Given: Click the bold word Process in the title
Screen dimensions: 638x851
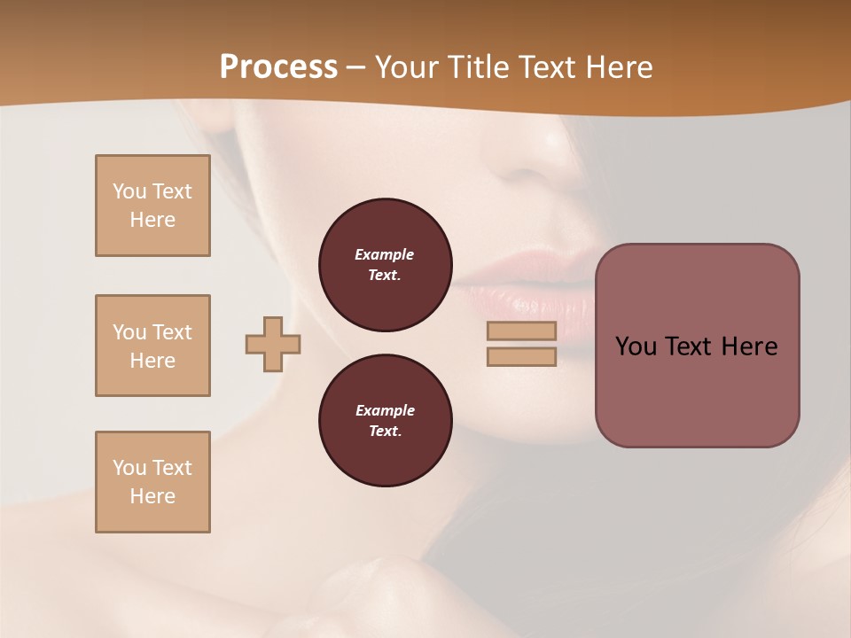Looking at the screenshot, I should tap(278, 66).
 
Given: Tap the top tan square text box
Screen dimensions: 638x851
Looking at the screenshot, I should tap(152, 206).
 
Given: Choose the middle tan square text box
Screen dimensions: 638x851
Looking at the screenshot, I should tap(152, 346).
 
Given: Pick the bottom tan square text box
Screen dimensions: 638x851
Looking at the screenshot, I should tap(152, 482).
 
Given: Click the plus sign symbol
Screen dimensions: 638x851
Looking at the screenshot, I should tap(273, 344).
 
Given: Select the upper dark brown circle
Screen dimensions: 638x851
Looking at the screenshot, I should tap(385, 265).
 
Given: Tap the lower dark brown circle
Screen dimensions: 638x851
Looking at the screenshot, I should tap(385, 421).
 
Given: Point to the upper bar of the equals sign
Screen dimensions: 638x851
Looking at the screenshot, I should tap(521, 331).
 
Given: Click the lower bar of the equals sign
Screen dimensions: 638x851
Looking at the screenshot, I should tap(521, 357).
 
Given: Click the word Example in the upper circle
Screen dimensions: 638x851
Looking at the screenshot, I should tap(385, 254).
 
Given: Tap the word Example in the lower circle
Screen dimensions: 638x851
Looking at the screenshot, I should tap(385, 410).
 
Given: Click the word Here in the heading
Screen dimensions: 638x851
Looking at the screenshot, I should tap(616, 66).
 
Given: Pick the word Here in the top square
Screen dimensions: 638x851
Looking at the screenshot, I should tap(152, 220).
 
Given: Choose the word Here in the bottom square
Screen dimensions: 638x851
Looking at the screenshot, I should tap(152, 496).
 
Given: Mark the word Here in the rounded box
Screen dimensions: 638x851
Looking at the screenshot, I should tap(749, 346).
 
